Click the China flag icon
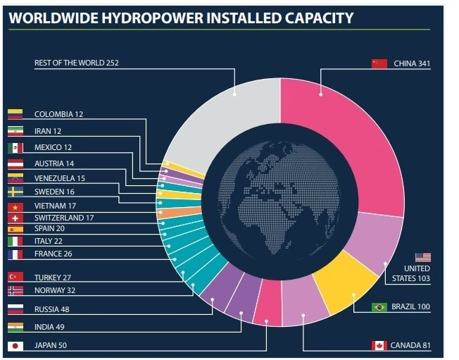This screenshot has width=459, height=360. [379, 63]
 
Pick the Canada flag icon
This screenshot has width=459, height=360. [379, 345]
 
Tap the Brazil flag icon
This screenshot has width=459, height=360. [379, 307]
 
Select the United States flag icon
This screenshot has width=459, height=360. [422, 257]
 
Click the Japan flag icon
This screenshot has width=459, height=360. [15, 345]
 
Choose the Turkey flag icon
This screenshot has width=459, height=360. [15, 277]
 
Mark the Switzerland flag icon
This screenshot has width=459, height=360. [15, 218]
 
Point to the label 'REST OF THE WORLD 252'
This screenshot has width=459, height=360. [77, 63]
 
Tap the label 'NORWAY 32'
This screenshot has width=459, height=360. [56, 290]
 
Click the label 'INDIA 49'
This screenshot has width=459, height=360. [51, 327]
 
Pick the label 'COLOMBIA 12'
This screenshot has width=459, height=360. [58, 114]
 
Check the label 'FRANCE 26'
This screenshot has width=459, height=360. [54, 254]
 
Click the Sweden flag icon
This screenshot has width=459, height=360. [15, 192]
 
